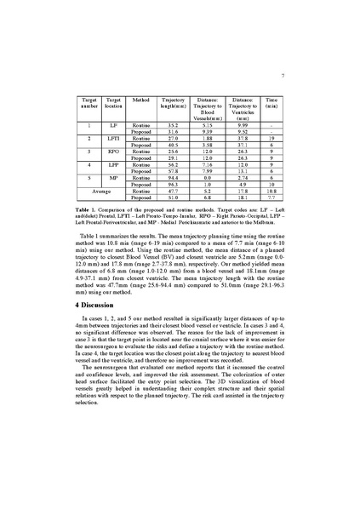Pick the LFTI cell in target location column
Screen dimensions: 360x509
[114, 137]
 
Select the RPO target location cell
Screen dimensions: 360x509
[114, 151]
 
